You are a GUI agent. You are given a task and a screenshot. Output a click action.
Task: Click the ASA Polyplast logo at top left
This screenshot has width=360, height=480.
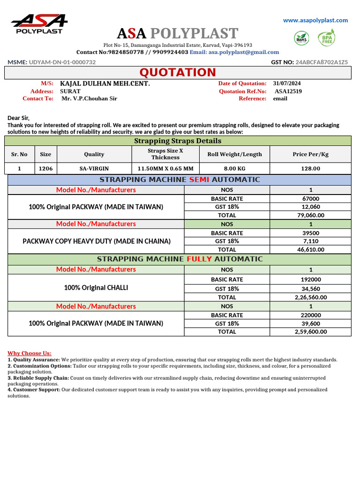39,24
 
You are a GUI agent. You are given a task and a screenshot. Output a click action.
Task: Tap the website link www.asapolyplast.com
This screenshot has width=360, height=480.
315,20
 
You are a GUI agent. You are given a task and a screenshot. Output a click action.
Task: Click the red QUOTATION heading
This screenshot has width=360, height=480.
178,72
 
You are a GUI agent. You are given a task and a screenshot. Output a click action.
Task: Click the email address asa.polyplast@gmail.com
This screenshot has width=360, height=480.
244,52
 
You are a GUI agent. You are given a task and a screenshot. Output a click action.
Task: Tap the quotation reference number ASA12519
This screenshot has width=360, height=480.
288,91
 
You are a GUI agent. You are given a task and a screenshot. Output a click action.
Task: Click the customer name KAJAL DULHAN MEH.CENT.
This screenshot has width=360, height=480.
105,83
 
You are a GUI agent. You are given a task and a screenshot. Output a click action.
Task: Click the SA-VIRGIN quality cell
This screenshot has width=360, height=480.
94,169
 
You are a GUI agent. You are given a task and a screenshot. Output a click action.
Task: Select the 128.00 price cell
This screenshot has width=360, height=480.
310,169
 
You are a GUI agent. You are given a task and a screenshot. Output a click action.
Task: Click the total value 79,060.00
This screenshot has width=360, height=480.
311,215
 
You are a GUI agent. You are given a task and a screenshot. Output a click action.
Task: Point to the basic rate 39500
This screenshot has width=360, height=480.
311,232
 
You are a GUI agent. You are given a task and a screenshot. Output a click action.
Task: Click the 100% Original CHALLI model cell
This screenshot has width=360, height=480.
96,288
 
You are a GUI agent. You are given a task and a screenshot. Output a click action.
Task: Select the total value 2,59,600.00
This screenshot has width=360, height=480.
311,331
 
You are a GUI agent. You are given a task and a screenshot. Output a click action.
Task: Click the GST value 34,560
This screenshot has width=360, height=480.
311,289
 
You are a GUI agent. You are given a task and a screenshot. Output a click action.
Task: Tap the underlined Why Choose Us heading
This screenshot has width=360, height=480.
30,353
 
